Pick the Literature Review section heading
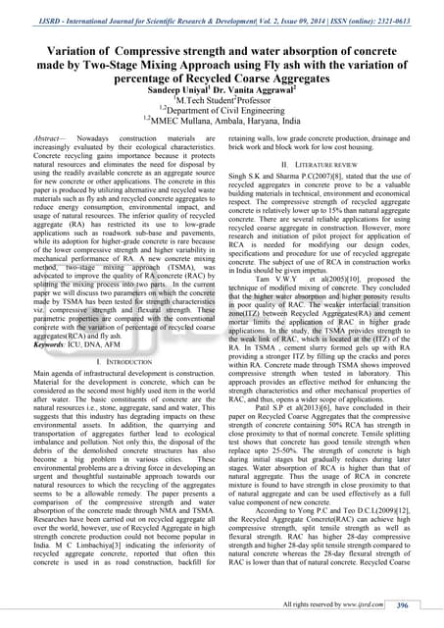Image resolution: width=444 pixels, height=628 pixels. coord(333,162)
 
